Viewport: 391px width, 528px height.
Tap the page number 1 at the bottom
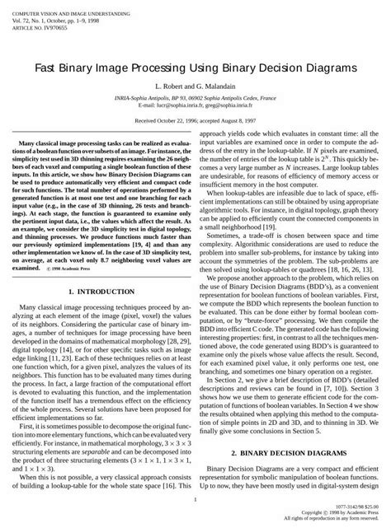point(195,499)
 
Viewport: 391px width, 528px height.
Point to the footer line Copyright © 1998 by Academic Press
point(338,514)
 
